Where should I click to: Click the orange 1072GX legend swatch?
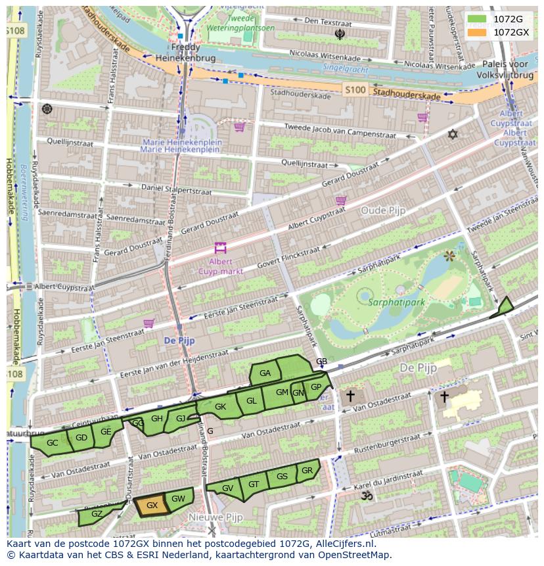[x=478, y=32]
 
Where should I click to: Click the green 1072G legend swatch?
[x=478, y=19]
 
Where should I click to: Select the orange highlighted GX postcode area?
[x=152, y=506]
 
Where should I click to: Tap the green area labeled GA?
[x=265, y=373]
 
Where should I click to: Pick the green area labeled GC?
[x=53, y=443]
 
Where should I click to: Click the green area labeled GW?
[x=179, y=498]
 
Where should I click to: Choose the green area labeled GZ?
[x=97, y=514]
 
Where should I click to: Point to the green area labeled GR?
[x=307, y=471]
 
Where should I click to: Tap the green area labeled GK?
[x=220, y=407]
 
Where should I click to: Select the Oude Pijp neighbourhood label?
[x=383, y=210]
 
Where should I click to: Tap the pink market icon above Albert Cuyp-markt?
[x=220, y=248]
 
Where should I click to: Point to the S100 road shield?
[x=355, y=89]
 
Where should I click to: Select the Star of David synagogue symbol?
[x=452, y=135]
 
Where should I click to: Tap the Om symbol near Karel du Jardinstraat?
[x=367, y=496]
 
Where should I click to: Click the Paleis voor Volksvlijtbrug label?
[x=505, y=70]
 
